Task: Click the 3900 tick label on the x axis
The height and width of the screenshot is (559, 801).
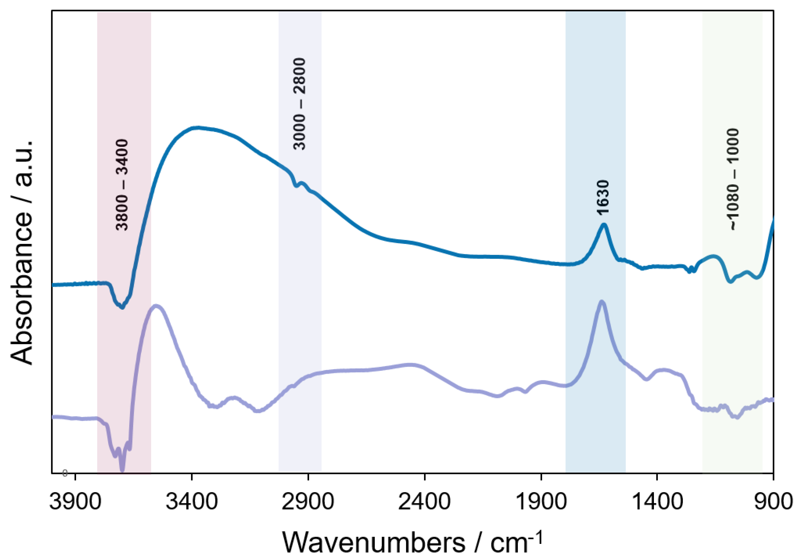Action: point(75,502)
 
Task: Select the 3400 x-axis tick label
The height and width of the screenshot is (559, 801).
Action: point(192,502)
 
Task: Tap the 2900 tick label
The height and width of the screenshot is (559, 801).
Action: point(308,502)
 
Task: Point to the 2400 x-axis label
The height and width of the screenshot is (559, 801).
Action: point(424,502)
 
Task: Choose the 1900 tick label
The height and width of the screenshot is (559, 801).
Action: point(540,502)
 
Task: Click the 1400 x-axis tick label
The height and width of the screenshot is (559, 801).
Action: point(657,502)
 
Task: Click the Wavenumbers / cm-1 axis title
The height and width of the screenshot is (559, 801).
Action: point(412,542)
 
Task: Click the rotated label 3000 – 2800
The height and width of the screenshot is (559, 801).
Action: point(299,104)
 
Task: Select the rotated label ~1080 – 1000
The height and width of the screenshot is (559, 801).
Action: point(734,179)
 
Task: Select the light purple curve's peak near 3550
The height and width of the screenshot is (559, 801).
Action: point(157,306)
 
